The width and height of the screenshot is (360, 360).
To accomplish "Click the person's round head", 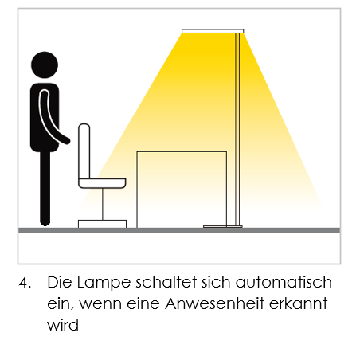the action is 45,65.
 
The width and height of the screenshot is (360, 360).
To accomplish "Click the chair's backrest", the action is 84,151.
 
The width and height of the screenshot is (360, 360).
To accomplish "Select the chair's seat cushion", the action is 102,183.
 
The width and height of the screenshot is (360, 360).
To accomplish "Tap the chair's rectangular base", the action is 102,224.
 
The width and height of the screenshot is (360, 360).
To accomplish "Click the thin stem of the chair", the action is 103,204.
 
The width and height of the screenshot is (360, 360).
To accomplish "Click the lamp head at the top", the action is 213,31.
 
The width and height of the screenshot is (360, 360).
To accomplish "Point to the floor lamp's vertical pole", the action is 237,130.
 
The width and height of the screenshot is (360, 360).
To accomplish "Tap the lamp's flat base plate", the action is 223,226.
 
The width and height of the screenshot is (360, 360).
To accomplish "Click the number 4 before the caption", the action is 25,282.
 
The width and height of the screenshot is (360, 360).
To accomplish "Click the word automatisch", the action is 284,282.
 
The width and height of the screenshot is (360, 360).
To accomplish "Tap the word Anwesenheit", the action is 214,303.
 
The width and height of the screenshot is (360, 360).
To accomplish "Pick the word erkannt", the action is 299,303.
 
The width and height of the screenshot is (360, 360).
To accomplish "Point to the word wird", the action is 63,324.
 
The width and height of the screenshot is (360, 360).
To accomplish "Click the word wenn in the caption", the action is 100,304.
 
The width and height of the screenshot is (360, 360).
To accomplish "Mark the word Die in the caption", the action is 60,282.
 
